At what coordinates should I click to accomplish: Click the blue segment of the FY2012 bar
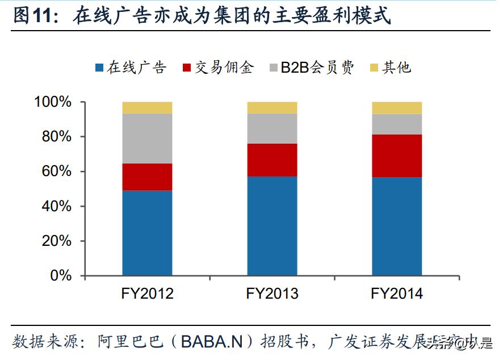pos(147,233)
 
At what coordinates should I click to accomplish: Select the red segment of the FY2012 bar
pos(147,177)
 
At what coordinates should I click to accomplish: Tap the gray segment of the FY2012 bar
pos(147,138)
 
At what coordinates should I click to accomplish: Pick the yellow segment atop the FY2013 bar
pos(272,107)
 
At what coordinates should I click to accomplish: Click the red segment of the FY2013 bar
pos(272,160)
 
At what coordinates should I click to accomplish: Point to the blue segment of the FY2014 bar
pos(397,226)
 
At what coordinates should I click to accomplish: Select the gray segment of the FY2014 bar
pos(397,124)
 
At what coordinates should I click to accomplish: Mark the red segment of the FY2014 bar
pos(397,156)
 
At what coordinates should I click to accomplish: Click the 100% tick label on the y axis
pos(53,102)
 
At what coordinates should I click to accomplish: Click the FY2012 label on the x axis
pos(147,294)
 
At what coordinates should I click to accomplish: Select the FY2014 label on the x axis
pos(397,294)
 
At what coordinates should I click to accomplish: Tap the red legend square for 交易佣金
pos(187,68)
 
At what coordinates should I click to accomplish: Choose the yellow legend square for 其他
pos(373,68)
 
